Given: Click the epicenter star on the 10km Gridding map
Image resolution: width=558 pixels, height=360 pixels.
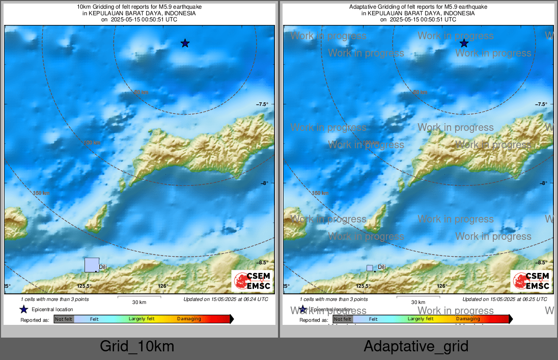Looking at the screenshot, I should click(185, 43).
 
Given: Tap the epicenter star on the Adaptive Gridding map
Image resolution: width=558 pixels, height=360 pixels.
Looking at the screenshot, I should click(464, 43).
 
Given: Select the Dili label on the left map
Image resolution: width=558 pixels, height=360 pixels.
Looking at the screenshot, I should click(103, 267).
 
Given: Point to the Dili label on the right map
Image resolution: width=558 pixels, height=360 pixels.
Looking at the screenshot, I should click(382, 267).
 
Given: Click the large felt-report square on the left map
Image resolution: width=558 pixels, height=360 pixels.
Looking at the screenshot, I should click(92, 265).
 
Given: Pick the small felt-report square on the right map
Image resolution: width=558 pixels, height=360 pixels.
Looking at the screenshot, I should click(370, 268).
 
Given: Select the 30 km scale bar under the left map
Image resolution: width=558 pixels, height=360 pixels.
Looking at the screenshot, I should click(139, 297).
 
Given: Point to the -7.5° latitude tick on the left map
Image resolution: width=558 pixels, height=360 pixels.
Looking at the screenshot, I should click(262, 104).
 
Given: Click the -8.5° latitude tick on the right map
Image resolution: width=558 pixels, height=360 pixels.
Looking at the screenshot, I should click(541, 262).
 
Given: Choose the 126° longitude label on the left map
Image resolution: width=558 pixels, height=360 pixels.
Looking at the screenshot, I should click(163, 286).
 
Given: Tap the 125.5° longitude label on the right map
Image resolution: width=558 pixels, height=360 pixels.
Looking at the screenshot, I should click(363, 286).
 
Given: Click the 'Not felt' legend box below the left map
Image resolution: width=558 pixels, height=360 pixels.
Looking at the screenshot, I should click(64, 319).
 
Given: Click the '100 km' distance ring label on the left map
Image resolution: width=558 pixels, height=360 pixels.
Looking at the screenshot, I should click(92, 143).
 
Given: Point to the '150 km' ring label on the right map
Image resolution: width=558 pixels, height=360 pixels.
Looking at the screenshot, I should click(320, 193).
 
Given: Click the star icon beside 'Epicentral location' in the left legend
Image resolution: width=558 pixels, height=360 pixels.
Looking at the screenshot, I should click(23, 309).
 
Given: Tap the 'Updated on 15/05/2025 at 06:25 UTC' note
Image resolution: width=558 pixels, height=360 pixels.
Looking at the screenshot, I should click(505, 299).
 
